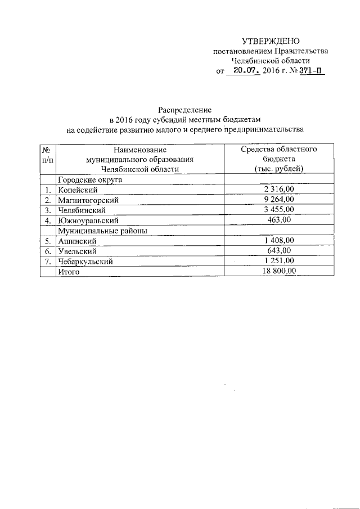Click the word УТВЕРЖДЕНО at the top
(271, 41)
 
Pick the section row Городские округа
(90, 180)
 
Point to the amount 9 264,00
(279, 200)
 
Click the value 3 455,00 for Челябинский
(279, 210)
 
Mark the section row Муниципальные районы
(100, 231)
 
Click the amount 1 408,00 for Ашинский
(279, 241)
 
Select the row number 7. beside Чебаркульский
(48, 261)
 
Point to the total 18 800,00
(279, 271)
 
